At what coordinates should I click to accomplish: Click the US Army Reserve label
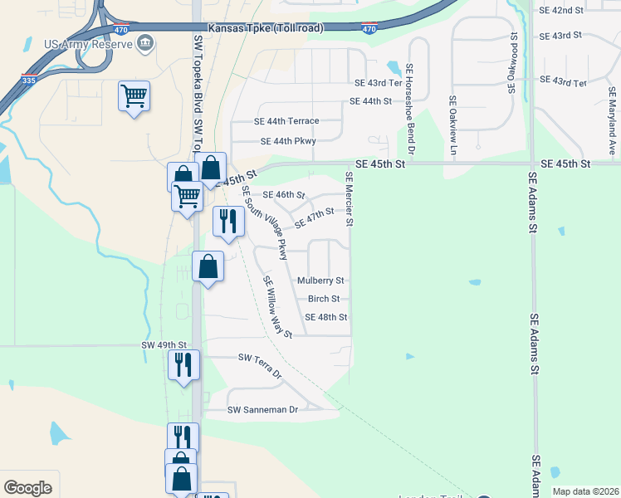pyautogui.click(x=88, y=43)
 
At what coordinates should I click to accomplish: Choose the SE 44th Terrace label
pyautogui.click(x=286, y=120)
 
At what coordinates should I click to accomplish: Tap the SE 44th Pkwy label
pyautogui.click(x=288, y=141)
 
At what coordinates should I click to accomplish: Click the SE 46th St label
pyautogui.click(x=284, y=195)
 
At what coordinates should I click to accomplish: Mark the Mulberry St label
pyautogui.click(x=320, y=281)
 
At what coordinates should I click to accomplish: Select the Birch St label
pyautogui.click(x=324, y=299)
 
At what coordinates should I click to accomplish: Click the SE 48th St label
pyautogui.click(x=325, y=317)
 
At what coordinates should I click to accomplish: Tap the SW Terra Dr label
pyautogui.click(x=260, y=364)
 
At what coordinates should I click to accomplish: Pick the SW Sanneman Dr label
pyautogui.click(x=262, y=410)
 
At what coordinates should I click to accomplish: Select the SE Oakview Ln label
pyautogui.click(x=453, y=126)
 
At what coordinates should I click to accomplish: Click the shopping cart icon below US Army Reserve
pyautogui.click(x=134, y=96)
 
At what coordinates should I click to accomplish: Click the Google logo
pyautogui.click(x=27, y=488)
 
